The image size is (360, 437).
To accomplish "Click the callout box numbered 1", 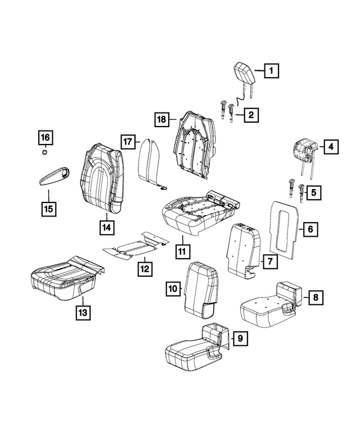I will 271,71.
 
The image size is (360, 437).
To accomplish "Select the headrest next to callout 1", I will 242,75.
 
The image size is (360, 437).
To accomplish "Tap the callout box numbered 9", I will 239,338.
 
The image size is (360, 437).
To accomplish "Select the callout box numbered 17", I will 128,141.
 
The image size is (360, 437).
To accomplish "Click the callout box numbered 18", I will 162,119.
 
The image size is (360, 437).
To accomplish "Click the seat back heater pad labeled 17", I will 151,164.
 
